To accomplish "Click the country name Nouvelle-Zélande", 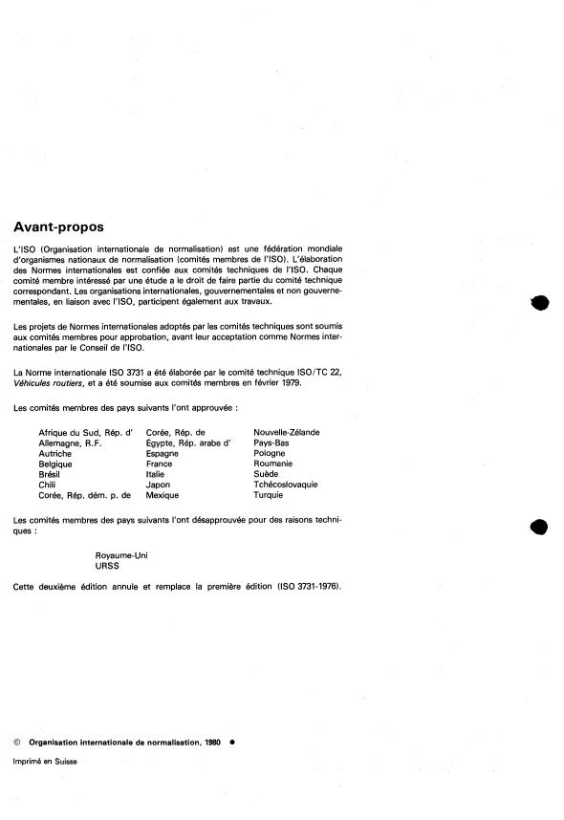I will point(286,432).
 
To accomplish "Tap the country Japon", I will point(158,485).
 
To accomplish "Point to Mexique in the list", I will point(162,495).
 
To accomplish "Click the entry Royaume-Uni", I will point(121,555).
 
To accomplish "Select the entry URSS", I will point(108,566).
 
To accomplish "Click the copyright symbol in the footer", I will point(16,741).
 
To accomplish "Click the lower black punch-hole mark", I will point(539,527).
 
